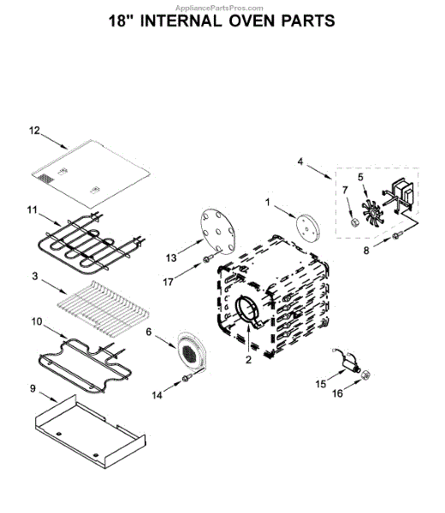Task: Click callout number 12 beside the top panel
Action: click(x=34, y=131)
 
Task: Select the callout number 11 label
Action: click(x=32, y=209)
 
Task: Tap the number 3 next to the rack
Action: click(x=35, y=276)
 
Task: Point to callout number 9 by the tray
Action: click(x=33, y=389)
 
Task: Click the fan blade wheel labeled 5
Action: click(x=372, y=213)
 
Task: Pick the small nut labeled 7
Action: click(x=354, y=223)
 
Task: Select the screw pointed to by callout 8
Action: click(x=397, y=234)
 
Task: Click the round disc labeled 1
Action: click(x=307, y=228)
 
